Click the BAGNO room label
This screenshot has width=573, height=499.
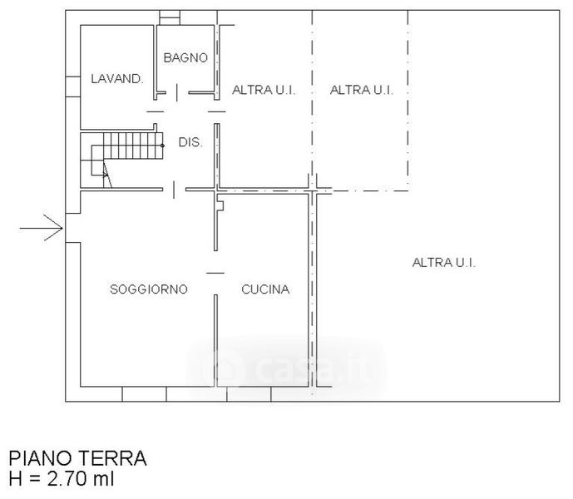pos(185,57)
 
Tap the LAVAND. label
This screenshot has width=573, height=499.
pos(117,79)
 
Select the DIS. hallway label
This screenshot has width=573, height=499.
pos(190,142)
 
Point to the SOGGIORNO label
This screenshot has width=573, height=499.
pos(149,289)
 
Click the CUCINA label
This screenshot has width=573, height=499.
pos(265,289)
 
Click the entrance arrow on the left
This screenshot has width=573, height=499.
pos(42,228)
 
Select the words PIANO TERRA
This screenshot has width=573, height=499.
pos(77,458)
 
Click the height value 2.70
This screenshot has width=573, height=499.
pos(67,479)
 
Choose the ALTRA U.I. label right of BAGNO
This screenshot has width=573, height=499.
pos(264,90)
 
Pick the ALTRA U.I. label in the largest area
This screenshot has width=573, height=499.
pos(443,263)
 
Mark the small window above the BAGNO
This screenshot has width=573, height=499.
pos(170,17)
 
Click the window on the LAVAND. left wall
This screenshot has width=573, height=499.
pos(72,86)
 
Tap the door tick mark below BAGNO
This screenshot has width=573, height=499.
pos(177,92)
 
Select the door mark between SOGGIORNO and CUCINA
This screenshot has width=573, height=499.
pos(215,273)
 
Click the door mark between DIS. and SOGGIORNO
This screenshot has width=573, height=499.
pos(174,190)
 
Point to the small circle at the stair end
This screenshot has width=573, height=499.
pos(163,146)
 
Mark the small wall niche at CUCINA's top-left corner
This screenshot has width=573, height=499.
pos(220,203)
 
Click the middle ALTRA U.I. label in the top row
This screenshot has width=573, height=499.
pos(362,90)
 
